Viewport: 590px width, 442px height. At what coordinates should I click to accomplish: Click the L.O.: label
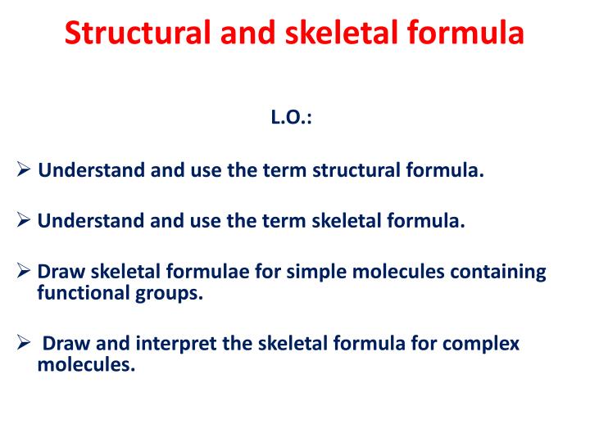[291, 119]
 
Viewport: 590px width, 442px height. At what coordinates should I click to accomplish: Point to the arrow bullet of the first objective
[24, 171]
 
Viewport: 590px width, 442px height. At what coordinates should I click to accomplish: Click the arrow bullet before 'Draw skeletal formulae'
[24, 272]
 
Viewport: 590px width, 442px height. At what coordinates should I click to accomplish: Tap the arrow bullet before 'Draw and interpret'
[24, 344]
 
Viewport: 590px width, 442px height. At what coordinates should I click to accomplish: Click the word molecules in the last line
[86, 365]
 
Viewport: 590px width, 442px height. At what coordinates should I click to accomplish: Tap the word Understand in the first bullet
[92, 171]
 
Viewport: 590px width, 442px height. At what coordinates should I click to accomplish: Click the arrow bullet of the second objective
[24, 221]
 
